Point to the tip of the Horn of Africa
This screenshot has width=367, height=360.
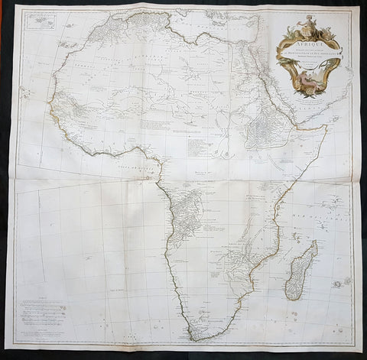click(x=327, y=127)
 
